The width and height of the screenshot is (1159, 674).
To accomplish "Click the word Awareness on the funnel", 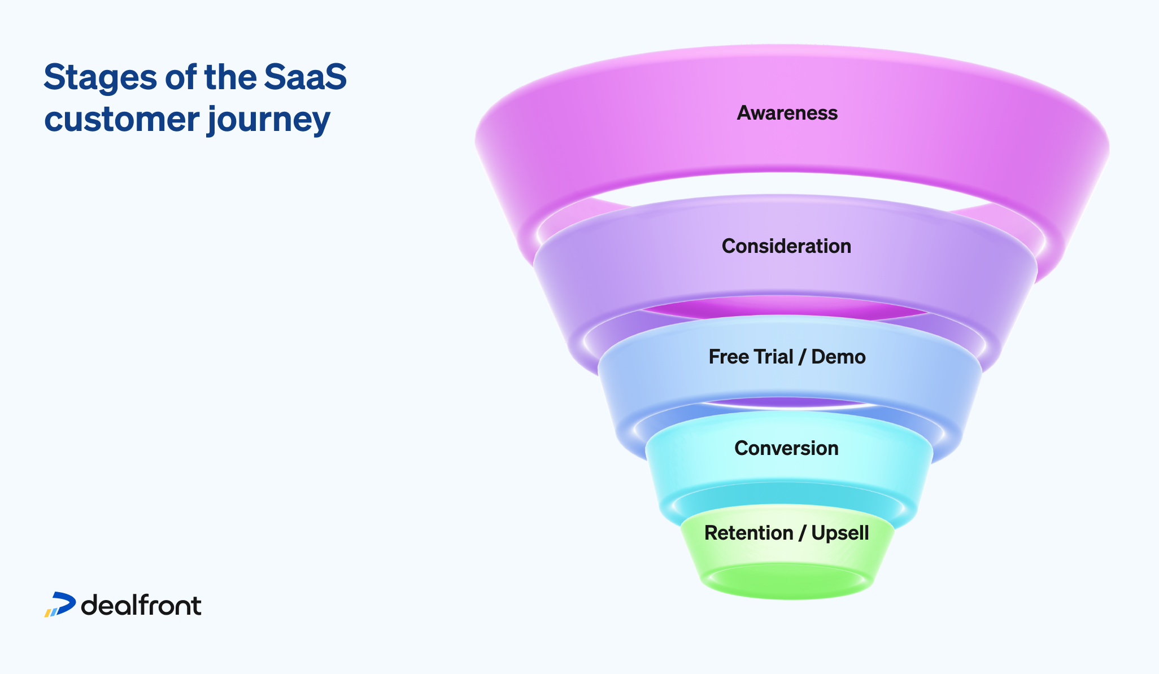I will (x=787, y=113).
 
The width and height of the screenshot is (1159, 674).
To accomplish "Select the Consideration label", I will (x=786, y=246).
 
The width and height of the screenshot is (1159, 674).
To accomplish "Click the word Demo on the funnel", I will (x=838, y=357).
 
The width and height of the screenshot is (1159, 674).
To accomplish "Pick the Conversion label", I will (x=786, y=448).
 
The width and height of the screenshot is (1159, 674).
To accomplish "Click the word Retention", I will (x=748, y=533).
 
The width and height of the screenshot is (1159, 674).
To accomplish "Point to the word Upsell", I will (x=840, y=533).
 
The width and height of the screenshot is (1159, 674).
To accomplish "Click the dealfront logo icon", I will (x=60, y=605).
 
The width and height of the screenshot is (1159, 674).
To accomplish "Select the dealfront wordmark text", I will (x=141, y=606).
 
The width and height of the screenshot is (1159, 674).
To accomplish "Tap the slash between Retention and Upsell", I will (x=802, y=533).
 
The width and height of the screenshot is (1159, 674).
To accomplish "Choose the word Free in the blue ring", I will (x=729, y=357).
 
